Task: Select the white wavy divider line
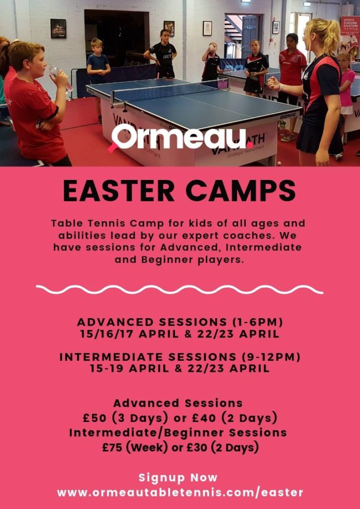tap(180, 289)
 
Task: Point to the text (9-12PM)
tap(270, 357)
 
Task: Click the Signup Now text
tap(178, 478)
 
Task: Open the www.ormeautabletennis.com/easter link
tap(180, 493)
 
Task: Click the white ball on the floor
tap(279, 163)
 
